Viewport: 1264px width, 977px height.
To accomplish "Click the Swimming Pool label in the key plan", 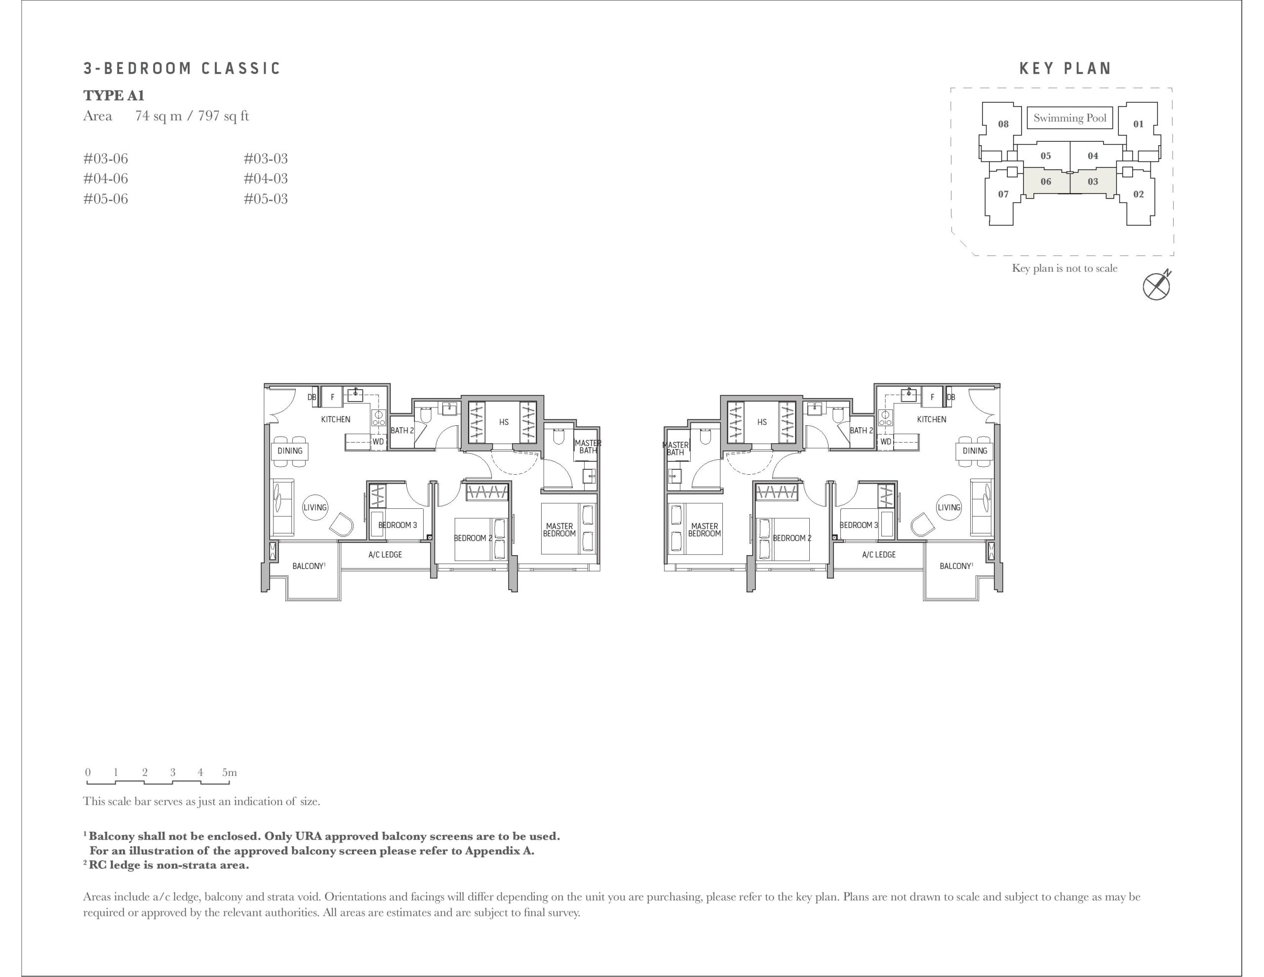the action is point(1069,118).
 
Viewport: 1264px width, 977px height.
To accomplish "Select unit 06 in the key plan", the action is point(1046,181).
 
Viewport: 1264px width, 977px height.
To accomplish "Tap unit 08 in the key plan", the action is point(1003,124).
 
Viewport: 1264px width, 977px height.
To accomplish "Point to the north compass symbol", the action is point(1156,285).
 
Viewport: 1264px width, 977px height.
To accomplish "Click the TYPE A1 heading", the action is point(114,95).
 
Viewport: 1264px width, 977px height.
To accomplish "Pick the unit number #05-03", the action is point(266,199).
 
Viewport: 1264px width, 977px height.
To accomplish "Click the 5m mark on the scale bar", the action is point(229,772).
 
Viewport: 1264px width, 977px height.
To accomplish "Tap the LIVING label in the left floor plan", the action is point(315,507).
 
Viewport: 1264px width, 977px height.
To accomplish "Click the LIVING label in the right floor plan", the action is point(949,507).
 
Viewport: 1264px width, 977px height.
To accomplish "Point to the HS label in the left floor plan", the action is point(504,422).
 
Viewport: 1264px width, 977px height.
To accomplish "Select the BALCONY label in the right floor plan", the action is point(956,566).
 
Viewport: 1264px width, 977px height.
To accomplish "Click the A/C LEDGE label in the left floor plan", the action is point(385,555).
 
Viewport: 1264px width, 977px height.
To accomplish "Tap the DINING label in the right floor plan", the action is point(975,450).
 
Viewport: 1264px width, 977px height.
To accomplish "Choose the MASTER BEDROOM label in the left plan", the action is point(559,530).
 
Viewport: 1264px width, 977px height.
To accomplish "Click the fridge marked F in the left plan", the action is point(332,397).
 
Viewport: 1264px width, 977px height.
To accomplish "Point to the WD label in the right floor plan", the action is point(885,441).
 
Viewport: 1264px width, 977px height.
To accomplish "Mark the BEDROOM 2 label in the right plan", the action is point(792,538).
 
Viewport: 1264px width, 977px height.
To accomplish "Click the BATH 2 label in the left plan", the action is point(402,430).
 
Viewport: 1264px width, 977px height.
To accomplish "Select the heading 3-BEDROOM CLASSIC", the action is point(182,68).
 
